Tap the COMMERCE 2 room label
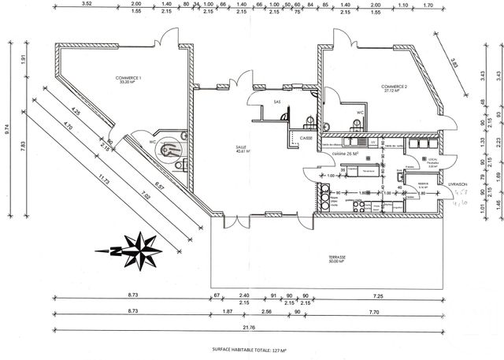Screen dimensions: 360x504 (x=394, y=88)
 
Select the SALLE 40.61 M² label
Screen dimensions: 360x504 (x=241, y=150)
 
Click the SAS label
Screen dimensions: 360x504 (x=276, y=102)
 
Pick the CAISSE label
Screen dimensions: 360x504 (x=306, y=138)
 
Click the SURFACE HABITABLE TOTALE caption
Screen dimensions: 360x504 (x=250, y=348)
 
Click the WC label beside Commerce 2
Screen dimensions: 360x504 (x=359, y=113)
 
